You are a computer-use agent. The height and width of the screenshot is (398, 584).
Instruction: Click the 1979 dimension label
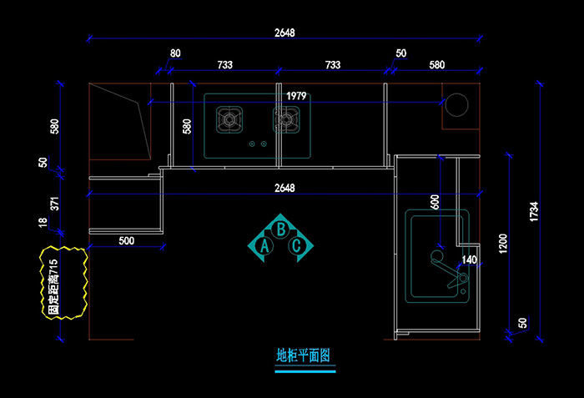point(295,96)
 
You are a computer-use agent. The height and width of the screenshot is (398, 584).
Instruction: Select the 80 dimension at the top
point(174,53)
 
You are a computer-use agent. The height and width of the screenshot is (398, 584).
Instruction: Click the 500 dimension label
point(126,241)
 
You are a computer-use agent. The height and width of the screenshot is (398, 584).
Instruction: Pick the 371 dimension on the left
point(55,204)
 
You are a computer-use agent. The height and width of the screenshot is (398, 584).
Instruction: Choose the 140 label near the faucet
point(469,260)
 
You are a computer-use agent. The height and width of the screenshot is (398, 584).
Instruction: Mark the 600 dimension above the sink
point(435,201)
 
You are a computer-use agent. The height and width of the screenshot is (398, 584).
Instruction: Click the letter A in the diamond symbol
point(265,246)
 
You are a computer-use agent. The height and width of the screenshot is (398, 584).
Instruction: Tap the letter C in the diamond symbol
point(297,246)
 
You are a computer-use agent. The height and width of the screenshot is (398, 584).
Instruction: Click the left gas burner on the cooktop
point(229,119)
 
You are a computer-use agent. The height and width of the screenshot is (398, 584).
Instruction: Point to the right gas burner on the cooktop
point(285,119)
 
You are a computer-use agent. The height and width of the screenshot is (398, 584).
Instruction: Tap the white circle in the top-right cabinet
point(456,106)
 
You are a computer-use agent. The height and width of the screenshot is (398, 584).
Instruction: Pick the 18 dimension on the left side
point(43,223)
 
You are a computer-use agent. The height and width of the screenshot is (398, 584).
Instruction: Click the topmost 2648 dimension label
point(284,33)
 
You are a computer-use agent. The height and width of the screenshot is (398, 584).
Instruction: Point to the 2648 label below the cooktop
point(284,188)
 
